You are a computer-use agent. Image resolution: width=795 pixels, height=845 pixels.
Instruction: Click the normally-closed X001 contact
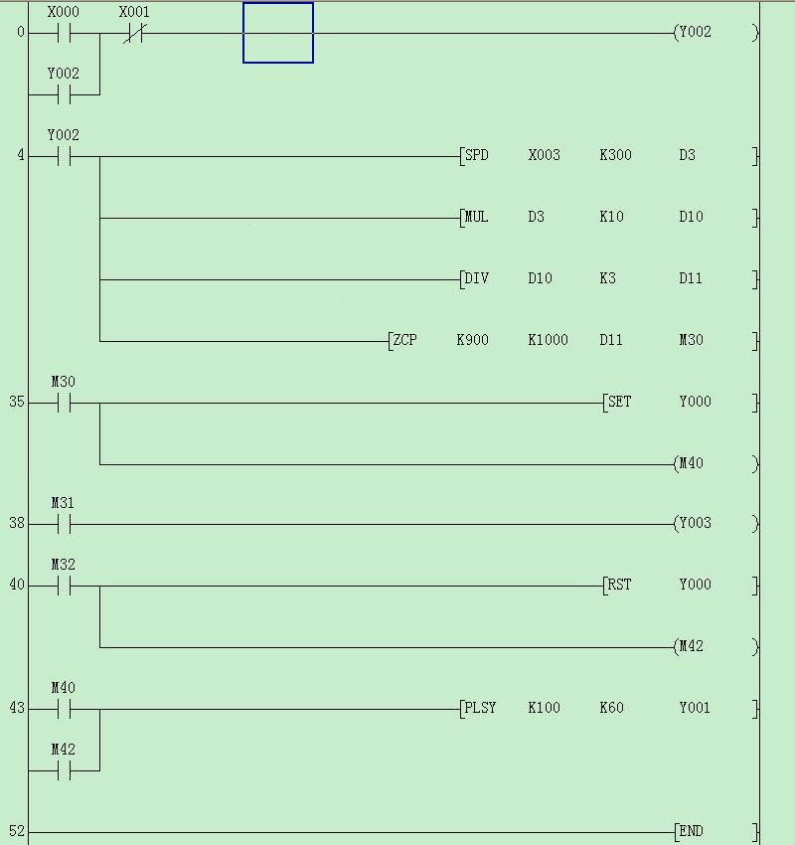pyautogui.click(x=134, y=34)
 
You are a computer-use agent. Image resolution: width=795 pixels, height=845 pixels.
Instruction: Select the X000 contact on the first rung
pyautogui.click(x=64, y=34)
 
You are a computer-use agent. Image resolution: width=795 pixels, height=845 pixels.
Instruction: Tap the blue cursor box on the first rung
pyautogui.click(x=278, y=33)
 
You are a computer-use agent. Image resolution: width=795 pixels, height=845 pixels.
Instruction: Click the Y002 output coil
pyautogui.click(x=715, y=33)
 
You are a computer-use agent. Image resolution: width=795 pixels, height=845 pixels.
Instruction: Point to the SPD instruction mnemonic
pyautogui.click(x=477, y=155)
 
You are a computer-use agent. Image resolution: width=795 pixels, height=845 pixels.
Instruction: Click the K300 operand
pyautogui.click(x=615, y=155)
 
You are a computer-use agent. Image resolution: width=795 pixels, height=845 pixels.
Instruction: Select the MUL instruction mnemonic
pyautogui.click(x=476, y=217)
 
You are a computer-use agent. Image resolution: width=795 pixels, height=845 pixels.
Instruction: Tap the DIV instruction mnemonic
pyautogui.click(x=476, y=278)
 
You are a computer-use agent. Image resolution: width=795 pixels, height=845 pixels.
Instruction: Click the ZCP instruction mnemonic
pyautogui.click(x=404, y=340)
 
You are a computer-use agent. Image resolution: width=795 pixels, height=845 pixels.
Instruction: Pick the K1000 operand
pyautogui.click(x=548, y=340)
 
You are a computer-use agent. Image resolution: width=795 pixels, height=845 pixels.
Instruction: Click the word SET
pyautogui.click(x=619, y=402)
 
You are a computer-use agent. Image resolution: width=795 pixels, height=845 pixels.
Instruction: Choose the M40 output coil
pyautogui.click(x=715, y=463)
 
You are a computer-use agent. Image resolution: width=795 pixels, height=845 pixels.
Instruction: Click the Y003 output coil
pyautogui.click(x=715, y=523)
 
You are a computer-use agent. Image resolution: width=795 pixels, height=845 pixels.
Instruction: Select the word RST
pyautogui.click(x=619, y=585)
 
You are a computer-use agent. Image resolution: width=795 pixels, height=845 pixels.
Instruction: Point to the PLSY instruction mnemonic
pyautogui.click(x=480, y=708)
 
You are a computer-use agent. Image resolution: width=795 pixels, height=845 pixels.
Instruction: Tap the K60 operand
pyautogui.click(x=611, y=708)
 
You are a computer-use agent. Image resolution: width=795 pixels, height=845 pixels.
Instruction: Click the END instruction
pyautogui.click(x=691, y=831)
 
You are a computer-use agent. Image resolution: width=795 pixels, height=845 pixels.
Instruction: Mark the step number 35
pyautogui.click(x=17, y=402)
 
